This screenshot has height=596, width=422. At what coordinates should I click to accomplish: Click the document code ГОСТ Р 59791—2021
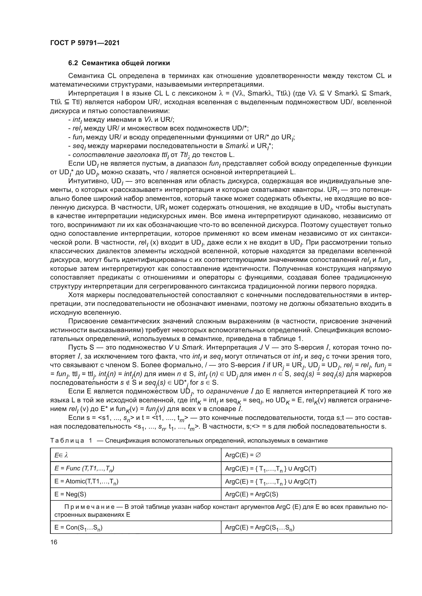tap(85, 43)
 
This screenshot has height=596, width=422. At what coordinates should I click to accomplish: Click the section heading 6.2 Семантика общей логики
tap(119, 63)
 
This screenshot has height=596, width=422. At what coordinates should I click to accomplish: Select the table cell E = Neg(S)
tap(70, 494)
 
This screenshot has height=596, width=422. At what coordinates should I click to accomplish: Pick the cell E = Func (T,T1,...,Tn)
tap(84, 468)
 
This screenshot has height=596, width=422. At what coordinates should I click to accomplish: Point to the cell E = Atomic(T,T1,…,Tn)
tap(86, 481)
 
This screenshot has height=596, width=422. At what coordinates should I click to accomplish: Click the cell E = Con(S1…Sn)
tap(79, 527)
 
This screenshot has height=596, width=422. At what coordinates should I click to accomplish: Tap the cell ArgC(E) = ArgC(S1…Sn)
tap(259, 527)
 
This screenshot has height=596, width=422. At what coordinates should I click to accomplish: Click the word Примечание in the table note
tap(93, 507)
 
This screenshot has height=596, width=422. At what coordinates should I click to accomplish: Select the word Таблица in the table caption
tap(67, 441)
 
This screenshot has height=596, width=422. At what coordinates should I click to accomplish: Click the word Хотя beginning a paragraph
tap(76, 295)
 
